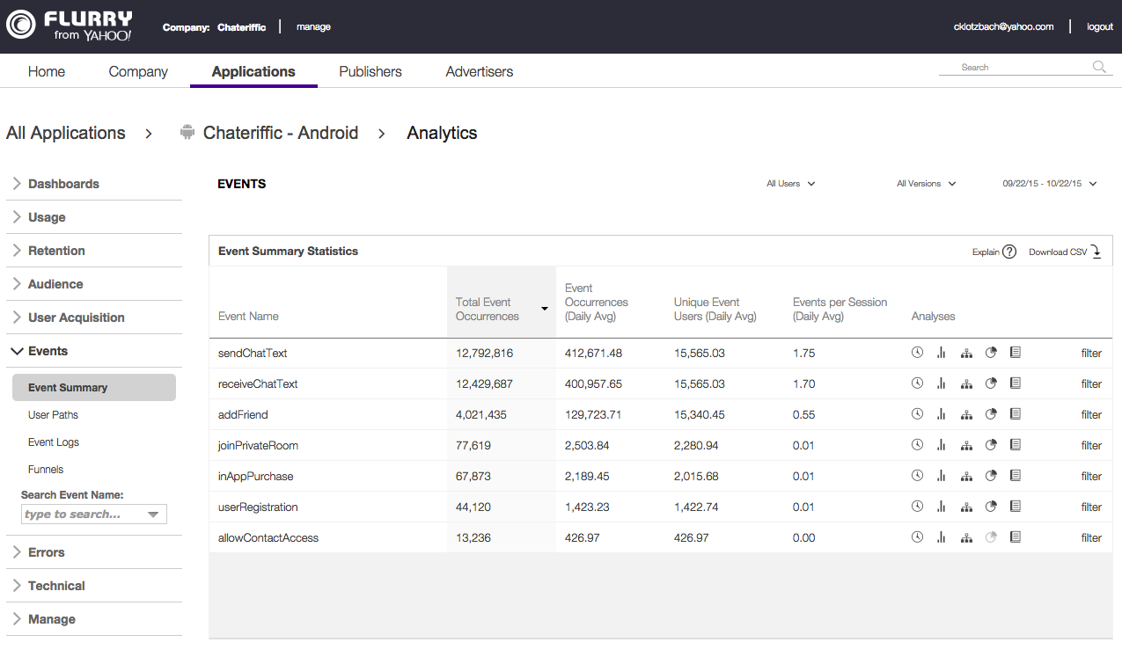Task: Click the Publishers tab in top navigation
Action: (370, 72)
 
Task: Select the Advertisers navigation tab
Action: (480, 72)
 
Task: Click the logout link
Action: (1100, 26)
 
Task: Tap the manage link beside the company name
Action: (313, 26)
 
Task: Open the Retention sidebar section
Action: (56, 251)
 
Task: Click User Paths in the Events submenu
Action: (53, 415)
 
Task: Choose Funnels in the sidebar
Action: (46, 470)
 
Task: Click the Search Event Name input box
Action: (84, 515)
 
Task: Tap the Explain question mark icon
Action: (1009, 252)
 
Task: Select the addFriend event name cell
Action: (243, 414)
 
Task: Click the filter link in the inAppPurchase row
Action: (1091, 476)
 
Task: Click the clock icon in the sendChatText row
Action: (917, 353)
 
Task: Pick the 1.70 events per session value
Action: (803, 383)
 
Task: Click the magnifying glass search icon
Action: (1099, 67)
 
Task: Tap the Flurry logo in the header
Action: (69, 26)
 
